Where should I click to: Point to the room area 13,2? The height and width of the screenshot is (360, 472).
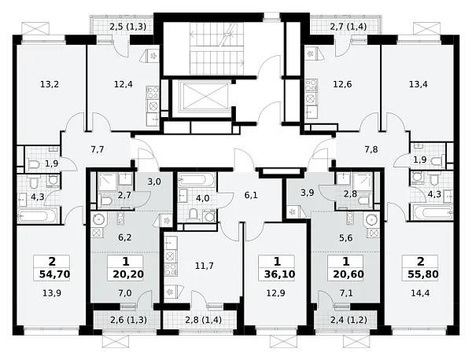pyautogui.click(x=50, y=85)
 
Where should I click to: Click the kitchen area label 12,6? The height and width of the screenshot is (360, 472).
pyautogui.click(x=342, y=85)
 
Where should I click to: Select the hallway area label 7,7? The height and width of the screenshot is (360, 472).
pyautogui.click(x=98, y=149)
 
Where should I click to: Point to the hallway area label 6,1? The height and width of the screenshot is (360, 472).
pyautogui.click(x=251, y=196)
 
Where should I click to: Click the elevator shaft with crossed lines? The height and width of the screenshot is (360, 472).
pyautogui.click(x=205, y=95)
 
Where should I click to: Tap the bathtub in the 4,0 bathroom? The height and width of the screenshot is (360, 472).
pyautogui.click(x=196, y=179)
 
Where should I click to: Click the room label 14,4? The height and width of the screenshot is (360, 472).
pyautogui.click(x=420, y=293)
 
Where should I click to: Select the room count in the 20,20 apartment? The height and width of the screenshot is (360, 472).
pyautogui.click(x=126, y=262)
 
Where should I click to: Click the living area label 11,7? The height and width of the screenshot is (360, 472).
pyautogui.click(x=205, y=266)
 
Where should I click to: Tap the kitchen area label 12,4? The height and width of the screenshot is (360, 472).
pyautogui.click(x=124, y=85)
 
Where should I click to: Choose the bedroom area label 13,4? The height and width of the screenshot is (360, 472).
pyautogui.click(x=419, y=85)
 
